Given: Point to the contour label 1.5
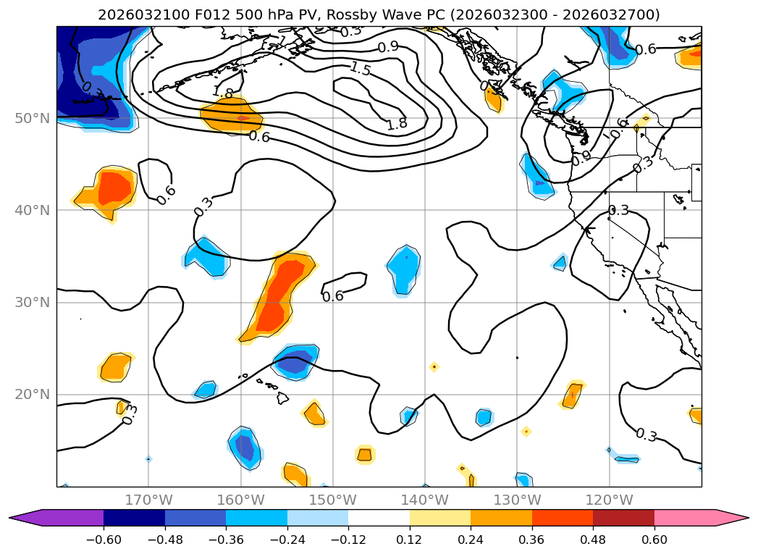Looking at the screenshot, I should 360,70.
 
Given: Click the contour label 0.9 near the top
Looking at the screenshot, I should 388,47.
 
